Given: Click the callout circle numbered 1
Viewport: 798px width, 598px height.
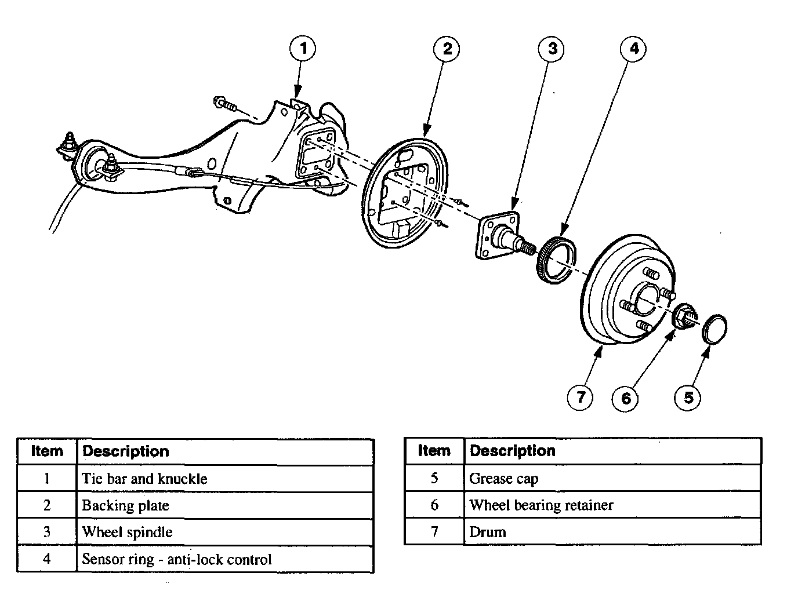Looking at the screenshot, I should pyautogui.click(x=303, y=48).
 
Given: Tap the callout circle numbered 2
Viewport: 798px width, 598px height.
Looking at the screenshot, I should pyautogui.click(x=447, y=49).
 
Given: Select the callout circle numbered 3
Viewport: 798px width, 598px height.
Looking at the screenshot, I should pyautogui.click(x=552, y=49).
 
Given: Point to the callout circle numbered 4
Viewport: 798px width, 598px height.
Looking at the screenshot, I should pyautogui.click(x=634, y=49).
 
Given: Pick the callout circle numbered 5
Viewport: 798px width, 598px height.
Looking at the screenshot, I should pyautogui.click(x=688, y=397).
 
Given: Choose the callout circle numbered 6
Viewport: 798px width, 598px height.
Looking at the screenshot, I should pyautogui.click(x=626, y=398).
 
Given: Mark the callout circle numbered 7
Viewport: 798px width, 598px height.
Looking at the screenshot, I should pyautogui.click(x=580, y=397).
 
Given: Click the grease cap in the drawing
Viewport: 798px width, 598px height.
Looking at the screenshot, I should pyautogui.click(x=714, y=329).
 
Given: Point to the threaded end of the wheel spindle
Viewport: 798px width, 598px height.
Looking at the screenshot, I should pyautogui.click(x=526, y=249).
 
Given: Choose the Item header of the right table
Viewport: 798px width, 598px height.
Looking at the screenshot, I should pyautogui.click(x=434, y=451).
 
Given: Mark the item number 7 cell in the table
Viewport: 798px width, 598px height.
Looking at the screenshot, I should pyautogui.click(x=434, y=532).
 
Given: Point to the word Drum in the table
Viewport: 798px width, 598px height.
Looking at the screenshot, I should pyautogui.click(x=488, y=532).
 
